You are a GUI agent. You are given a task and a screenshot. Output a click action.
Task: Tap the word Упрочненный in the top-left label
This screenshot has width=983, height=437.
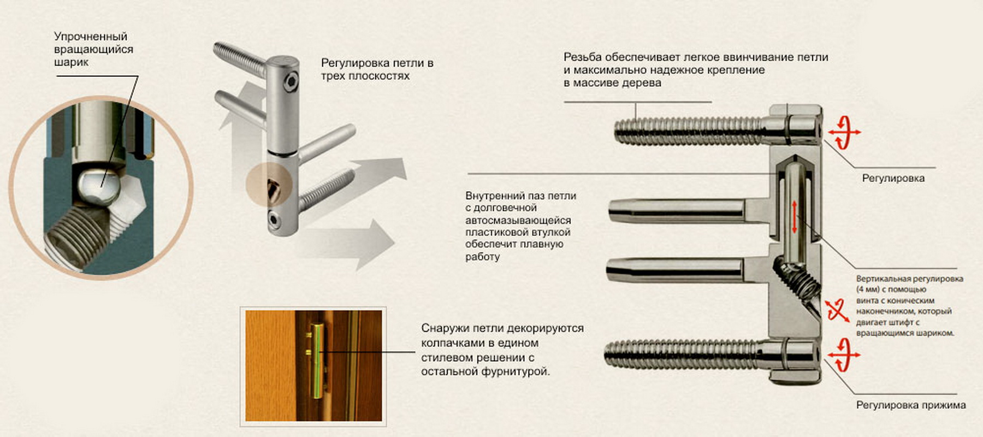(x=91, y=37)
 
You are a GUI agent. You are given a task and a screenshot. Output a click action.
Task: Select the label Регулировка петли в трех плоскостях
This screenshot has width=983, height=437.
(x=377, y=69)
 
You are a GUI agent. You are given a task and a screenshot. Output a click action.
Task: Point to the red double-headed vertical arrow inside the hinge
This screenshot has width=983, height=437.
(x=795, y=216)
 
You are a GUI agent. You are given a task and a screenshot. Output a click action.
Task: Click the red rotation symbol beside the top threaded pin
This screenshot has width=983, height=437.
(x=844, y=132)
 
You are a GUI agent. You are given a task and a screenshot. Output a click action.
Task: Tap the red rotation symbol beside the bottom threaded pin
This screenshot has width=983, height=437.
(x=844, y=354)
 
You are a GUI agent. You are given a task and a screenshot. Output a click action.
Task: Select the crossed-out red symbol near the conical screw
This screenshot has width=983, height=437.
(x=837, y=310)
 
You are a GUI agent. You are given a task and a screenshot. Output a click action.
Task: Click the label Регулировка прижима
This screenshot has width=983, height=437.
(x=911, y=405)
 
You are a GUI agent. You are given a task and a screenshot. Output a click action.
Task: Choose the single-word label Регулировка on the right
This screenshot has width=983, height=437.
(x=893, y=178)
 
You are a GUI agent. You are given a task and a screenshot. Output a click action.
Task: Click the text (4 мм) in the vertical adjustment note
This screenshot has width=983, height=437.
(x=868, y=290)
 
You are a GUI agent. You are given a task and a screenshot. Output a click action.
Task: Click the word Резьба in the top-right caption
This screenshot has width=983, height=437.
(x=583, y=57)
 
